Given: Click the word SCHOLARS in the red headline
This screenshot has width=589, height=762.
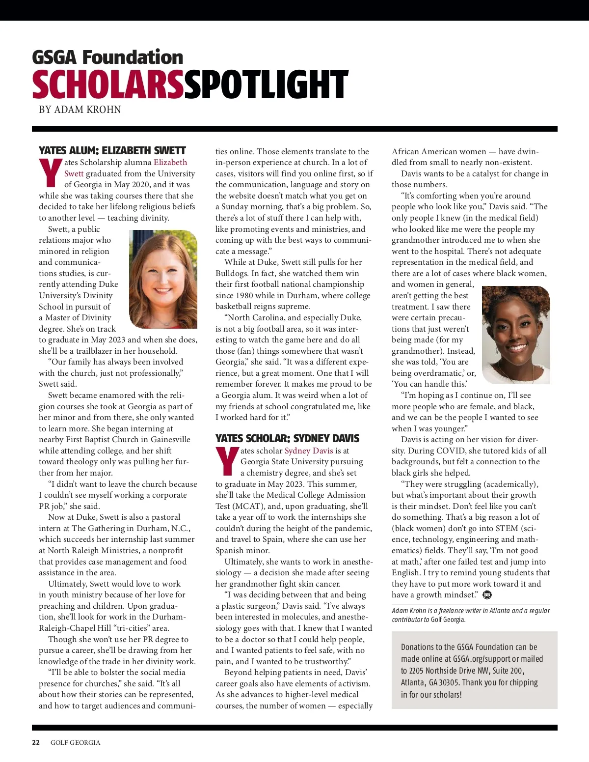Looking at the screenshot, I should click(108, 85).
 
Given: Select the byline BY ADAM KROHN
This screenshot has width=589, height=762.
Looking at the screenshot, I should click(80, 110).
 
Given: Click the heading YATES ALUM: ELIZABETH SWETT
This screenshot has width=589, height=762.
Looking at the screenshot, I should click(112, 150).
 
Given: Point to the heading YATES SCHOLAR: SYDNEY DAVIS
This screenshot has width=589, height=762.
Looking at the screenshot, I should click(287, 438).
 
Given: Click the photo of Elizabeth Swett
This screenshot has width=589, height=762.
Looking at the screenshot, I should click(163, 279).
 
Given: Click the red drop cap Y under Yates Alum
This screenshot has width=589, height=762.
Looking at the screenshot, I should click(50, 173).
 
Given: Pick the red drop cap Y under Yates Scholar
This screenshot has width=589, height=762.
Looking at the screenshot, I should click(227, 461).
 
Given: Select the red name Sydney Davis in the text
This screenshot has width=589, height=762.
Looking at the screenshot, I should click(309, 451).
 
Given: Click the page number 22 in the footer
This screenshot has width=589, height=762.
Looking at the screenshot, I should click(36, 742).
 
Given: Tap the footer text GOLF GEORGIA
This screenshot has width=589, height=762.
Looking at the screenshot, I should click(75, 742).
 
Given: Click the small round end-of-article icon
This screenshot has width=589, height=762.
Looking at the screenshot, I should click(487, 595).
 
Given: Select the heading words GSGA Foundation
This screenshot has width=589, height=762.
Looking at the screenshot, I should click(107, 57).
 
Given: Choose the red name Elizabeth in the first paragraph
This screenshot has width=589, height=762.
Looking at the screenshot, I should click(170, 162).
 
